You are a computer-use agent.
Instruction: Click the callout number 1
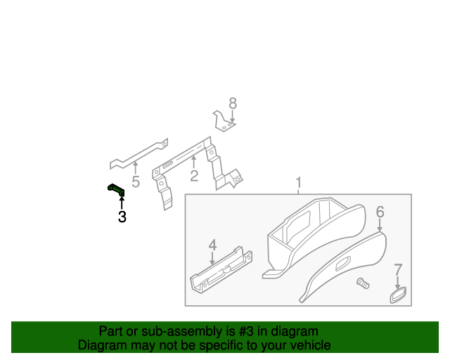tap(298, 184)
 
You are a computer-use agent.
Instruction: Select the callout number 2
tap(194, 176)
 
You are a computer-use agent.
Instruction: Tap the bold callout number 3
tap(122, 217)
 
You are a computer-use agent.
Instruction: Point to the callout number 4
tap(212, 245)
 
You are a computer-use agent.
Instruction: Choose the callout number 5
tap(136, 182)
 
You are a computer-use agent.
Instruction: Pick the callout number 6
tap(380, 212)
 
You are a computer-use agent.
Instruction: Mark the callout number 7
tap(398, 269)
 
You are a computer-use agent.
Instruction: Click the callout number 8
tap(233, 103)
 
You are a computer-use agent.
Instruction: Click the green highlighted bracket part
tap(115, 188)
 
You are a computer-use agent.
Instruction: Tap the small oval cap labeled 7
tap(399, 294)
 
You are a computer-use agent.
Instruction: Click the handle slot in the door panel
tap(344, 264)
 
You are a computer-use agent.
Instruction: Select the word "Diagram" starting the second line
tap(101, 345)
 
